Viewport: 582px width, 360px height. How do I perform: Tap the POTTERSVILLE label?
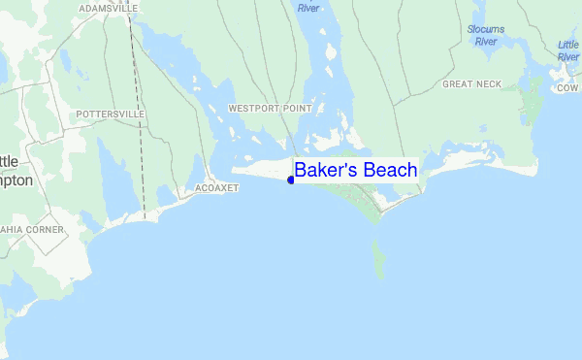(x=111, y=114)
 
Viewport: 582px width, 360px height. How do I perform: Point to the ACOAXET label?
(x=216, y=187)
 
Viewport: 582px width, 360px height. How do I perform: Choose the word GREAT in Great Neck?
(x=458, y=84)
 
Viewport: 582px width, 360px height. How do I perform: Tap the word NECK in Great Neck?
(x=489, y=84)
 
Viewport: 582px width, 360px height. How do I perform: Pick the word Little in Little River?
(x=568, y=45)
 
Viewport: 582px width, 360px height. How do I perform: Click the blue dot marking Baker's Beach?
(x=291, y=180)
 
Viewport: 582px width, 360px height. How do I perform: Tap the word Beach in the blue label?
(x=387, y=170)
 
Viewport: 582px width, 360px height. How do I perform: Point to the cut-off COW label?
(x=567, y=88)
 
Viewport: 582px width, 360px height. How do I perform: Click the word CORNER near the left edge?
(x=47, y=230)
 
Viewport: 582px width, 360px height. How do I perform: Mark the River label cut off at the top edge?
(x=308, y=8)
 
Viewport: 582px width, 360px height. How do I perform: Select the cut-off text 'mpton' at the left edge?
(x=16, y=180)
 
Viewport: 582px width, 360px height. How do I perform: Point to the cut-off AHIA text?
(x=13, y=230)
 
